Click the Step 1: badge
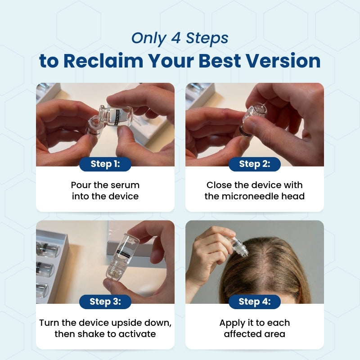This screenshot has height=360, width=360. click(x=105, y=164)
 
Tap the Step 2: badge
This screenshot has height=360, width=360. click(x=254, y=164)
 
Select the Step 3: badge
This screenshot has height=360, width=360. click(x=105, y=301)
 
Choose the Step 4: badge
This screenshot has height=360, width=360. click(x=254, y=301)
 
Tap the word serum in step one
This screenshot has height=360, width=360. click(x=125, y=185)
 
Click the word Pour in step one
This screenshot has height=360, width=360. click(x=80, y=185)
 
